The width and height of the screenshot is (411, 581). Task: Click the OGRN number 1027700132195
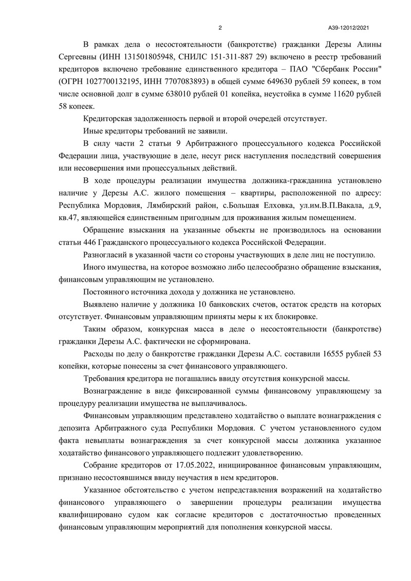(x=112, y=81)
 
